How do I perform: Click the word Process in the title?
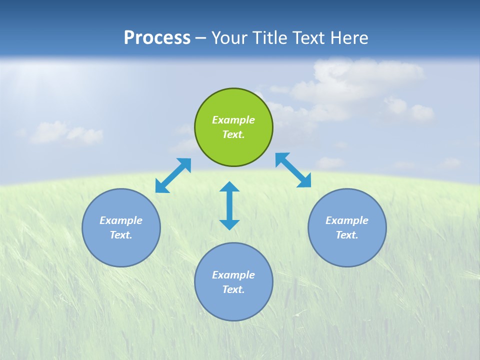click(157, 38)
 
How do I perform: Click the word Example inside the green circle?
click(233, 120)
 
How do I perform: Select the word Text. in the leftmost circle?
click(121, 235)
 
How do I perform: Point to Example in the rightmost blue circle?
click(347, 220)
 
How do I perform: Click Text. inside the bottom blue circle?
click(233, 289)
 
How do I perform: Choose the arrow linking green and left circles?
click(173, 175)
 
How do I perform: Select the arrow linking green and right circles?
click(293, 170)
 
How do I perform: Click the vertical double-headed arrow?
click(229, 205)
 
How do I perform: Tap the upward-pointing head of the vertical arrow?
click(229, 187)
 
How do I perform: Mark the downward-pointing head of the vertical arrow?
click(229, 224)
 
